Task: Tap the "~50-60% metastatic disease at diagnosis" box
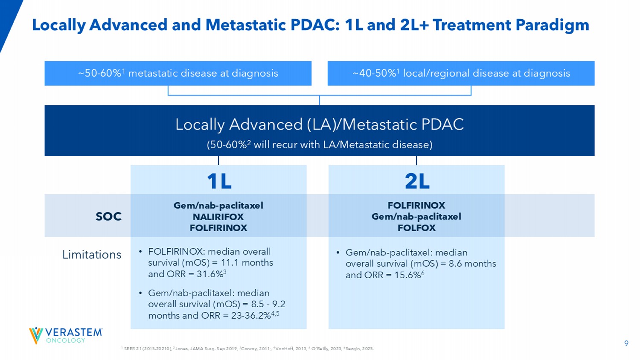178,73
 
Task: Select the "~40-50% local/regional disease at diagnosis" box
461,73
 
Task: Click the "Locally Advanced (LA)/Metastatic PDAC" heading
319,125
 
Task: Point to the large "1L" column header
219,181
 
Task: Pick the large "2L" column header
417,181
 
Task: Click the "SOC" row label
108,217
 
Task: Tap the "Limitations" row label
92,255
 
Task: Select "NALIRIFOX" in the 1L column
218,217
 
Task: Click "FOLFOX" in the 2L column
416,228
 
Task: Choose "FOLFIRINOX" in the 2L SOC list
416,205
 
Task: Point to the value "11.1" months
230,263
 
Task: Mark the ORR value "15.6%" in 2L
407,275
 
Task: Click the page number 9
626,343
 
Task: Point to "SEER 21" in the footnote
133,349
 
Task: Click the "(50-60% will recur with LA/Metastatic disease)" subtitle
319,145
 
